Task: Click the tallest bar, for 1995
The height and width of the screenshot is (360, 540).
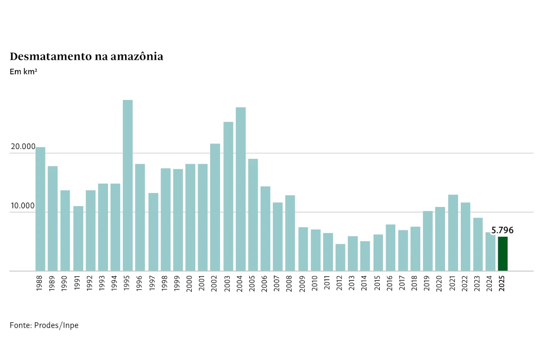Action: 128,185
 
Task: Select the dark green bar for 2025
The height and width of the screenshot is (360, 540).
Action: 503,254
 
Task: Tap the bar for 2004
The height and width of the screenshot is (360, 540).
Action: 241,189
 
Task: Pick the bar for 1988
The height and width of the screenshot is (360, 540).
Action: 40,209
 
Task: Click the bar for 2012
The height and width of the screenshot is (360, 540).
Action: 341,257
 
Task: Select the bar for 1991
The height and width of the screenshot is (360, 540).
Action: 78,238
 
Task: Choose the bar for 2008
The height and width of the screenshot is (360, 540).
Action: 290,233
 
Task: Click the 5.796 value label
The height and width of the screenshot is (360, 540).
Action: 502,230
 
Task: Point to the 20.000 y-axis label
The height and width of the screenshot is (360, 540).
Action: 23,147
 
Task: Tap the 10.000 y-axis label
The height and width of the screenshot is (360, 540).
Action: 23,206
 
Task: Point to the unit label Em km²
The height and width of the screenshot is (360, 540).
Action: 23,71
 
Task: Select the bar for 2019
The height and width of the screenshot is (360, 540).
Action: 428,241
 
